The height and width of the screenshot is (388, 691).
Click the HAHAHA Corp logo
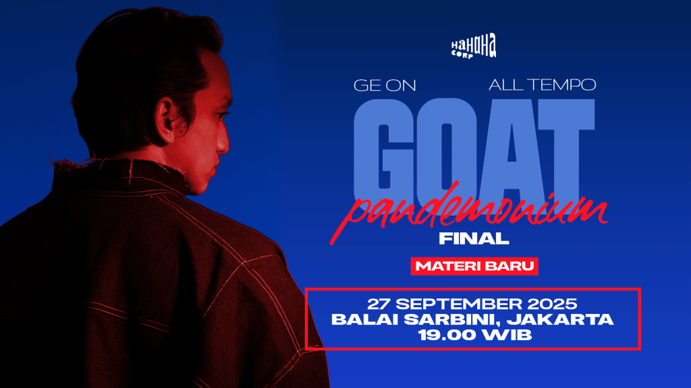474,46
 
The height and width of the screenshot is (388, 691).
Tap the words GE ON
385,86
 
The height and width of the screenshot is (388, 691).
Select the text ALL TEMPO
542,85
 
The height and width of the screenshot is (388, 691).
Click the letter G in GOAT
384,150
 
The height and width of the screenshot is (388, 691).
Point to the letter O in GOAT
447,150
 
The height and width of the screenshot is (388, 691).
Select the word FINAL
474,238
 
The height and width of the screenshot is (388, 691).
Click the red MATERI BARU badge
474,266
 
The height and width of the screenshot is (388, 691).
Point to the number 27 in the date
379,304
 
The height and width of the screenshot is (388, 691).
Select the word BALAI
365,319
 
